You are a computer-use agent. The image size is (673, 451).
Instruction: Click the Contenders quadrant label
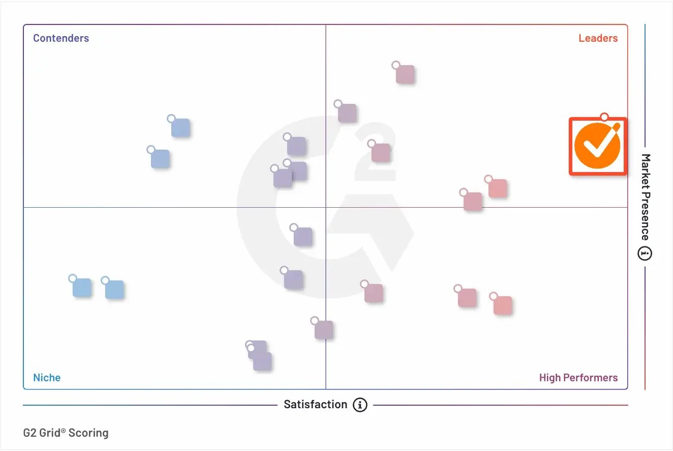click(x=61, y=38)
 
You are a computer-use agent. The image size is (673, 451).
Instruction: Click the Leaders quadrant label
click(x=598, y=38)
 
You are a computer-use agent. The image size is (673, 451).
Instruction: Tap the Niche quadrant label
click(x=47, y=378)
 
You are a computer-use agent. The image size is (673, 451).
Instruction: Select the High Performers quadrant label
click(x=578, y=378)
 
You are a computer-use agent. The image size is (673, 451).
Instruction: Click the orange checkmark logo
click(x=597, y=147)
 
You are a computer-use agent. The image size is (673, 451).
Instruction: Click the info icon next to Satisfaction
click(x=360, y=405)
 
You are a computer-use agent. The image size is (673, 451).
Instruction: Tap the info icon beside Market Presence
click(x=645, y=253)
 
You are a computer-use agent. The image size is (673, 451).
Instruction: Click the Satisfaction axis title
click(x=315, y=405)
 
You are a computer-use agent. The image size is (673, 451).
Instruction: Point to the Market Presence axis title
click(x=645, y=197)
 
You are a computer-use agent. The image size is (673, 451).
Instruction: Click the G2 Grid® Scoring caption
click(x=66, y=433)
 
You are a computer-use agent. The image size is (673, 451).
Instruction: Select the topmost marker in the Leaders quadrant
click(x=405, y=74)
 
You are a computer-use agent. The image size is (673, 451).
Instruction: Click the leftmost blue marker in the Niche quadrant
click(x=82, y=288)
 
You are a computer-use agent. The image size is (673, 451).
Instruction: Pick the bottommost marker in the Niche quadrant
click(x=262, y=361)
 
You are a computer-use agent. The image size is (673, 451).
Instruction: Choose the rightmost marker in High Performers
click(x=502, y=305)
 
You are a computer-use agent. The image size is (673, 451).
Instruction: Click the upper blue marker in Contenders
click(x=180, y=128)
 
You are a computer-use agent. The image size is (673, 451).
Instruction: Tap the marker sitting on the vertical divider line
click(x=323, y=330)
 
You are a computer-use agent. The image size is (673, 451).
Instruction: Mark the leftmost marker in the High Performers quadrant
click(x=373, y=293)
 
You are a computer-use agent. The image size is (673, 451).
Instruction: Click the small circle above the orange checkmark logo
click(x=604, y=117)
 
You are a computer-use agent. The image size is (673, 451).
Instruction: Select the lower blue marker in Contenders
click(x=160, y=159)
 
